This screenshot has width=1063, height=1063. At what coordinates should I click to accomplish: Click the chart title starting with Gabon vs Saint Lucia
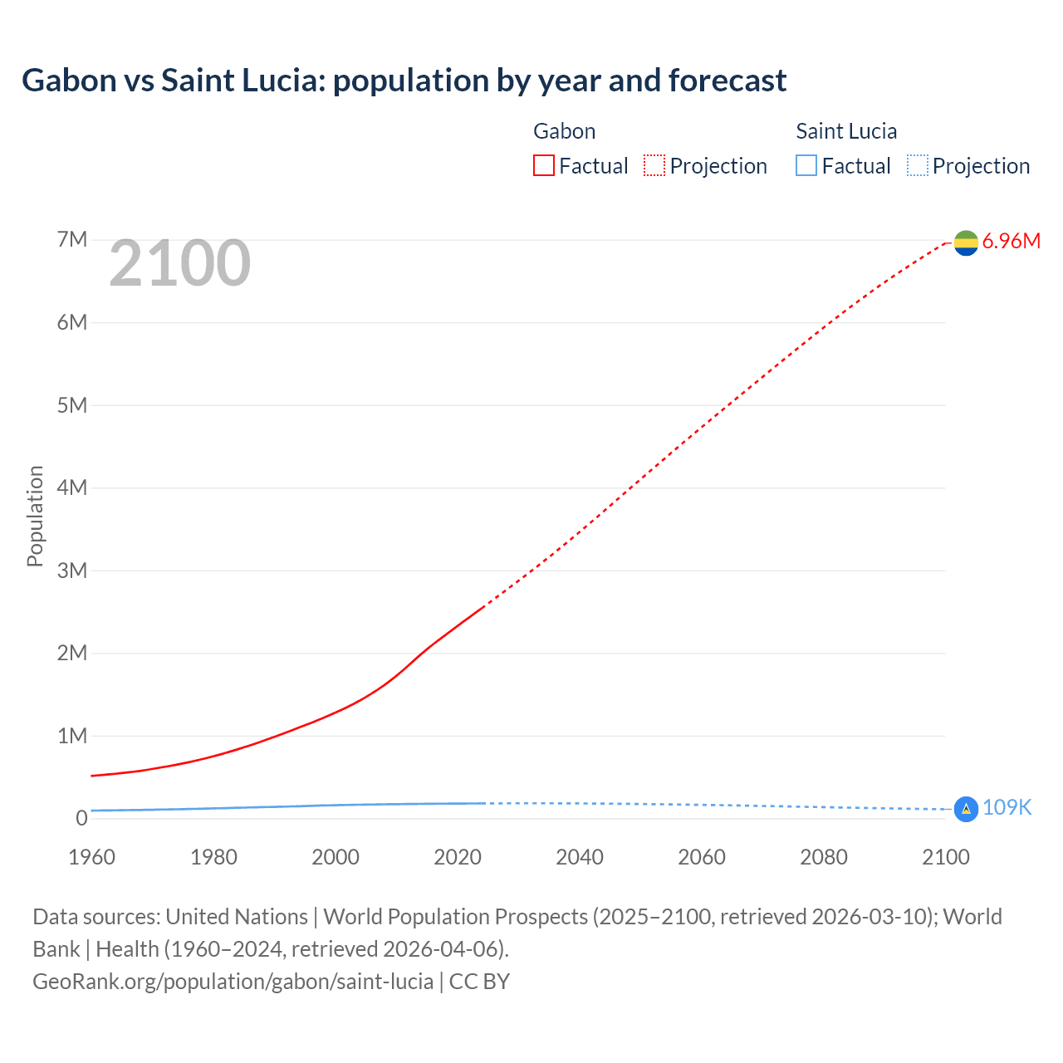coord(404,81)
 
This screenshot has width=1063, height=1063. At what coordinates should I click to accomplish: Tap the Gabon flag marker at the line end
coord(966,242)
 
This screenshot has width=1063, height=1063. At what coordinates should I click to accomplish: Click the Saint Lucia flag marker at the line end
coord(966,809)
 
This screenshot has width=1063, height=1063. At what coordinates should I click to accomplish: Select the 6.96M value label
coord(1011,242)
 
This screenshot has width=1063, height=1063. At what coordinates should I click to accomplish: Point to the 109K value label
coord(1007,808)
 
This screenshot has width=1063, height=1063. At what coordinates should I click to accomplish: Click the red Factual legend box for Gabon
coord(544,166)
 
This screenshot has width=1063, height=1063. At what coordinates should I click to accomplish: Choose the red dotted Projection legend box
coord(654,166)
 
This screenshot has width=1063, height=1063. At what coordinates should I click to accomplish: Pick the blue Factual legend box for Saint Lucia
coord(806,166)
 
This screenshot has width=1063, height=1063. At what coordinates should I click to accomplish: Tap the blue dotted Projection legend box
coord(917,166)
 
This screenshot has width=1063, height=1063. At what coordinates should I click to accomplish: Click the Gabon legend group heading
coord(564,131)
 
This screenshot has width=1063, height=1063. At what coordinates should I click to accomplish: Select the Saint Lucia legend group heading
coord(846,131)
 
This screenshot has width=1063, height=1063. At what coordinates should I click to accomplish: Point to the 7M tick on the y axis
coord(72,240)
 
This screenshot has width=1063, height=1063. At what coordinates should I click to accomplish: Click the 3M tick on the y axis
coord(72,571)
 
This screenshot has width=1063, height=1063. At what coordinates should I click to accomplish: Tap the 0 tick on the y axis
coord(81,818)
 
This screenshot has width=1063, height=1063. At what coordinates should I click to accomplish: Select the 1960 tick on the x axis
coord(91,857)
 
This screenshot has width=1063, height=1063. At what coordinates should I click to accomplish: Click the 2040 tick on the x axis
coord(580,857)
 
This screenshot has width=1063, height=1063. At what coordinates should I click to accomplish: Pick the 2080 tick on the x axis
coord(824,857)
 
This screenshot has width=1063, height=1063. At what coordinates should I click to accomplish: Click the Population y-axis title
coord(35,516)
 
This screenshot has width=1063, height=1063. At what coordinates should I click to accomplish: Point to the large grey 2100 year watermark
coord(179,263)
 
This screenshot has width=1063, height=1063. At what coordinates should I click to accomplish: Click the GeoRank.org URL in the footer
coord(233,982)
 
